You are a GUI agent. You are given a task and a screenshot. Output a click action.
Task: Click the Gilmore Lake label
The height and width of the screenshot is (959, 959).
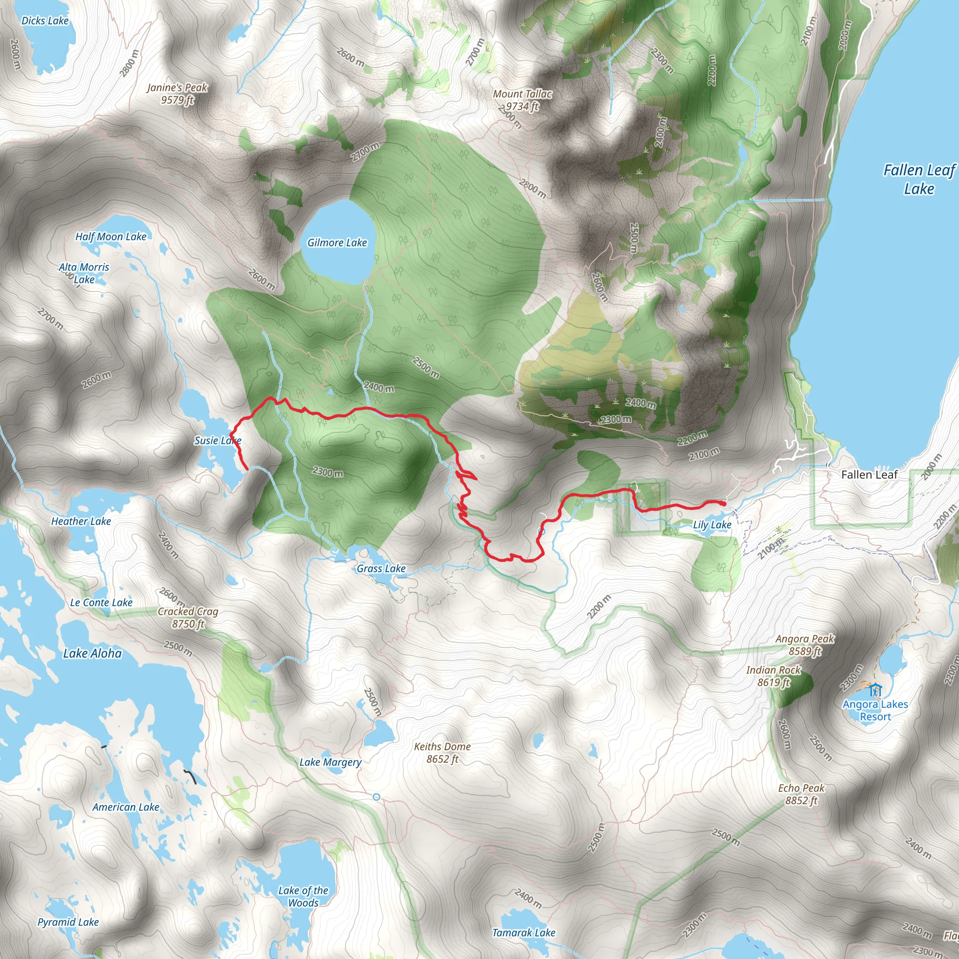click(x=337, y=243)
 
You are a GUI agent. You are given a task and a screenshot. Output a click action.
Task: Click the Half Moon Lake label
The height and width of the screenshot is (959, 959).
click(x=111, y=237)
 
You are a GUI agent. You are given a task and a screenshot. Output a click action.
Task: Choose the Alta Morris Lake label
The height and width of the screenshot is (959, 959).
click(x=84, y=273)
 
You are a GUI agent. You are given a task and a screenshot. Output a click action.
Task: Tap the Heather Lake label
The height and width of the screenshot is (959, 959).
click(x=81, y=521)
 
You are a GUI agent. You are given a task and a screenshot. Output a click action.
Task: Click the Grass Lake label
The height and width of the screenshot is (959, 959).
click(x=381, y=568)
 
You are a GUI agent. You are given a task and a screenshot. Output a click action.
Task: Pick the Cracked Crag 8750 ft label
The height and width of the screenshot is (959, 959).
click(x=188, y=618)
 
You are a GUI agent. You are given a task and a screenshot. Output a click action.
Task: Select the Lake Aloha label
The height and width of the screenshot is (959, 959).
click(x=92, y=653)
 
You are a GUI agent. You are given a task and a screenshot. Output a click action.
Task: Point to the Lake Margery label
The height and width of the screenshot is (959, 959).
click(x=330, y=762)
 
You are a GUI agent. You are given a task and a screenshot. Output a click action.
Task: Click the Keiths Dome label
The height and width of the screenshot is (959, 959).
click(x=442, y=752)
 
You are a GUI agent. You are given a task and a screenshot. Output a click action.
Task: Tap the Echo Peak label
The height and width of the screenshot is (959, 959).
click(x=801, y=794)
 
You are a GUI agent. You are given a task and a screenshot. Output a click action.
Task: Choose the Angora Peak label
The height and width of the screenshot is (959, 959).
click(x=804, y=645)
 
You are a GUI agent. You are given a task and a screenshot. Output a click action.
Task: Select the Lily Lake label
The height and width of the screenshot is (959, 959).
click(x=712, y=524)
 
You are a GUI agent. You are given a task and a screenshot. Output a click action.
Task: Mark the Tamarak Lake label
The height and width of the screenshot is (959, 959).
click(x=524, y=933)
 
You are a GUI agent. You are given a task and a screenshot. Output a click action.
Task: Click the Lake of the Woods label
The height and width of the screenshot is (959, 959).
click(x=303, y=896)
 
